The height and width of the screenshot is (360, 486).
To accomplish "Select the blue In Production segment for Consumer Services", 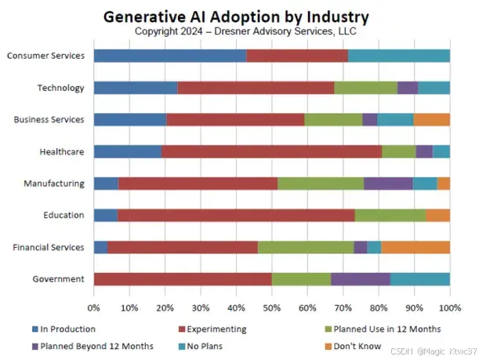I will pos(169,56).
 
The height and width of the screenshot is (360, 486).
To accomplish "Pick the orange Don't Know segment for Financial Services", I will pos(415,247).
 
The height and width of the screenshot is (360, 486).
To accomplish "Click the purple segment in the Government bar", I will pos(361,279).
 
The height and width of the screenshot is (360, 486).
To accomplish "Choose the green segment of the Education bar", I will pos(390,216).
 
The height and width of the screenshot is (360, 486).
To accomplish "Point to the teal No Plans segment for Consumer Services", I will pos(399,56).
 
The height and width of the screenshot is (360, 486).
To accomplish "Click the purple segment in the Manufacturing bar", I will pos(388,184).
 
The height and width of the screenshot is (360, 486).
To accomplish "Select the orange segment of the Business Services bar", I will pos(431,119).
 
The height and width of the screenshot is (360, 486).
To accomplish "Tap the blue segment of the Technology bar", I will pos(136,88).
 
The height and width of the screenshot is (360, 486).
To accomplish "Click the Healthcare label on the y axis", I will pos(62,151).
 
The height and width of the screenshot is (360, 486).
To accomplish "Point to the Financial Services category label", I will pos(49,247).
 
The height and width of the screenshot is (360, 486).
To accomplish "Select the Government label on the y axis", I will pos(58,279).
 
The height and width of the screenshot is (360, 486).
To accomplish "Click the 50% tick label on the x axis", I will pos(271,307).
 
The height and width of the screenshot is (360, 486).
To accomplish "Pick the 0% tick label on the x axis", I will pos(93,307).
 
